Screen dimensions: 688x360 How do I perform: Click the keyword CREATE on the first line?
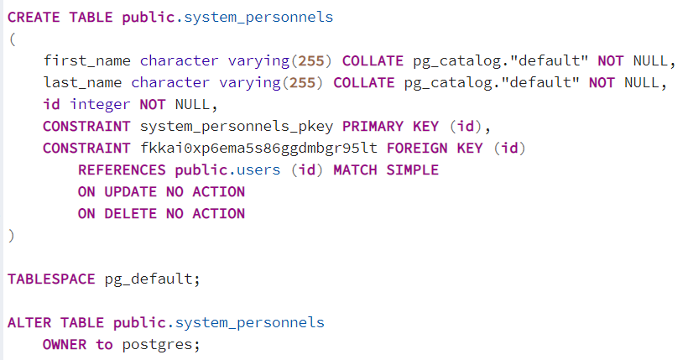coord(34,17)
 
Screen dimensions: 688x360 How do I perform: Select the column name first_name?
coord(87,60)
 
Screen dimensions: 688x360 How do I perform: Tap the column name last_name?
coord(82,82)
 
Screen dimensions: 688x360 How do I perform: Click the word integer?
coord(100,105)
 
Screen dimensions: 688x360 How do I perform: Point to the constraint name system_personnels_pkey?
coord(237,127)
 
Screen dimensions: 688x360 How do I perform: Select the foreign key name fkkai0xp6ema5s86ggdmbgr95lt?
coord(258,148)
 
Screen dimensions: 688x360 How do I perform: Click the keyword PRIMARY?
coord(373,127)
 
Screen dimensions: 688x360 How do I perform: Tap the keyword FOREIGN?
coord(417,148)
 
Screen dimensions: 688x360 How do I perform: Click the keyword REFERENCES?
coord(122,170)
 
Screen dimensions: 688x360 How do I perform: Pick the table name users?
coord(258,170)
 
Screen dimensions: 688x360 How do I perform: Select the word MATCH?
coord(355,170)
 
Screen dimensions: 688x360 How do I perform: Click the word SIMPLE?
coord(413,170)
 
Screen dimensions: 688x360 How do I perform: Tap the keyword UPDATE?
coord(131,192)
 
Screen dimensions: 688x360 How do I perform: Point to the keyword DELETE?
coord(131,214)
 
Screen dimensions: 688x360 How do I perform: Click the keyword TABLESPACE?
coord(51,279)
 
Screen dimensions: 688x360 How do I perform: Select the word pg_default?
coord(149,279)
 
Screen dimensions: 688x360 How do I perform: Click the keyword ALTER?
coord(29,323)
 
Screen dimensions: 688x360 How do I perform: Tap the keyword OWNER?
coord(65,345)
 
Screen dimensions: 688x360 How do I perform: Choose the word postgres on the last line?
coord(157,346)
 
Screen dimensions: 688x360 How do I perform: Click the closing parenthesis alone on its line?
coord(12,236)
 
